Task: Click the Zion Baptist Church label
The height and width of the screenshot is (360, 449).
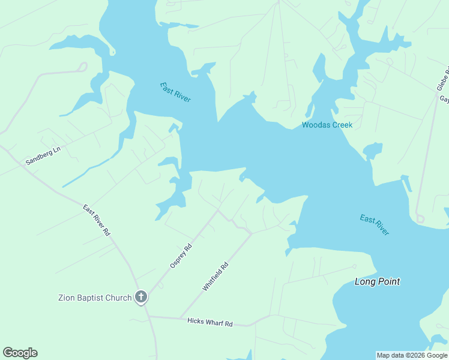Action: click(94, 298)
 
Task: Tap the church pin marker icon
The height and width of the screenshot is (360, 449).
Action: click(141, 296)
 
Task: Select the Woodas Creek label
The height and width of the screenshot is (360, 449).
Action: click(327, 125)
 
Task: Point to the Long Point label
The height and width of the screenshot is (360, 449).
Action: click(377, 281)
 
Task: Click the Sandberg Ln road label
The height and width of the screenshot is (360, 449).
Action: click(43, 157)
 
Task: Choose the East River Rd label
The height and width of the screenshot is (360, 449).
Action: click(97, 220)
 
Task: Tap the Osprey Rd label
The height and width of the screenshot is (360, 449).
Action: click(180, 255)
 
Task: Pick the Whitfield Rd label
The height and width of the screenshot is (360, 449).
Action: click(215, 276)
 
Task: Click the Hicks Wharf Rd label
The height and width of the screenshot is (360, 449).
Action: click(209, 322)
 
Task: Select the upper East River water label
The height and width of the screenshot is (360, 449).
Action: click(175, 92)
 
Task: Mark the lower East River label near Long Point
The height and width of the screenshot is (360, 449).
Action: click(375, 224)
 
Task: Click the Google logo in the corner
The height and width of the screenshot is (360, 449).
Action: click(20, 353)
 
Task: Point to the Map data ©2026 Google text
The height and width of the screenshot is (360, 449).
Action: click(412, 355)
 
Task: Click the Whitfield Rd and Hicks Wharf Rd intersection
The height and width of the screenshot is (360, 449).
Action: click(180, 317)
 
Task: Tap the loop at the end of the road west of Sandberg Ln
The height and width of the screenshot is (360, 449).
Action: click(83, 67)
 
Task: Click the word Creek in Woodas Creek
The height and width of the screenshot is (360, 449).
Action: click(342, 125)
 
